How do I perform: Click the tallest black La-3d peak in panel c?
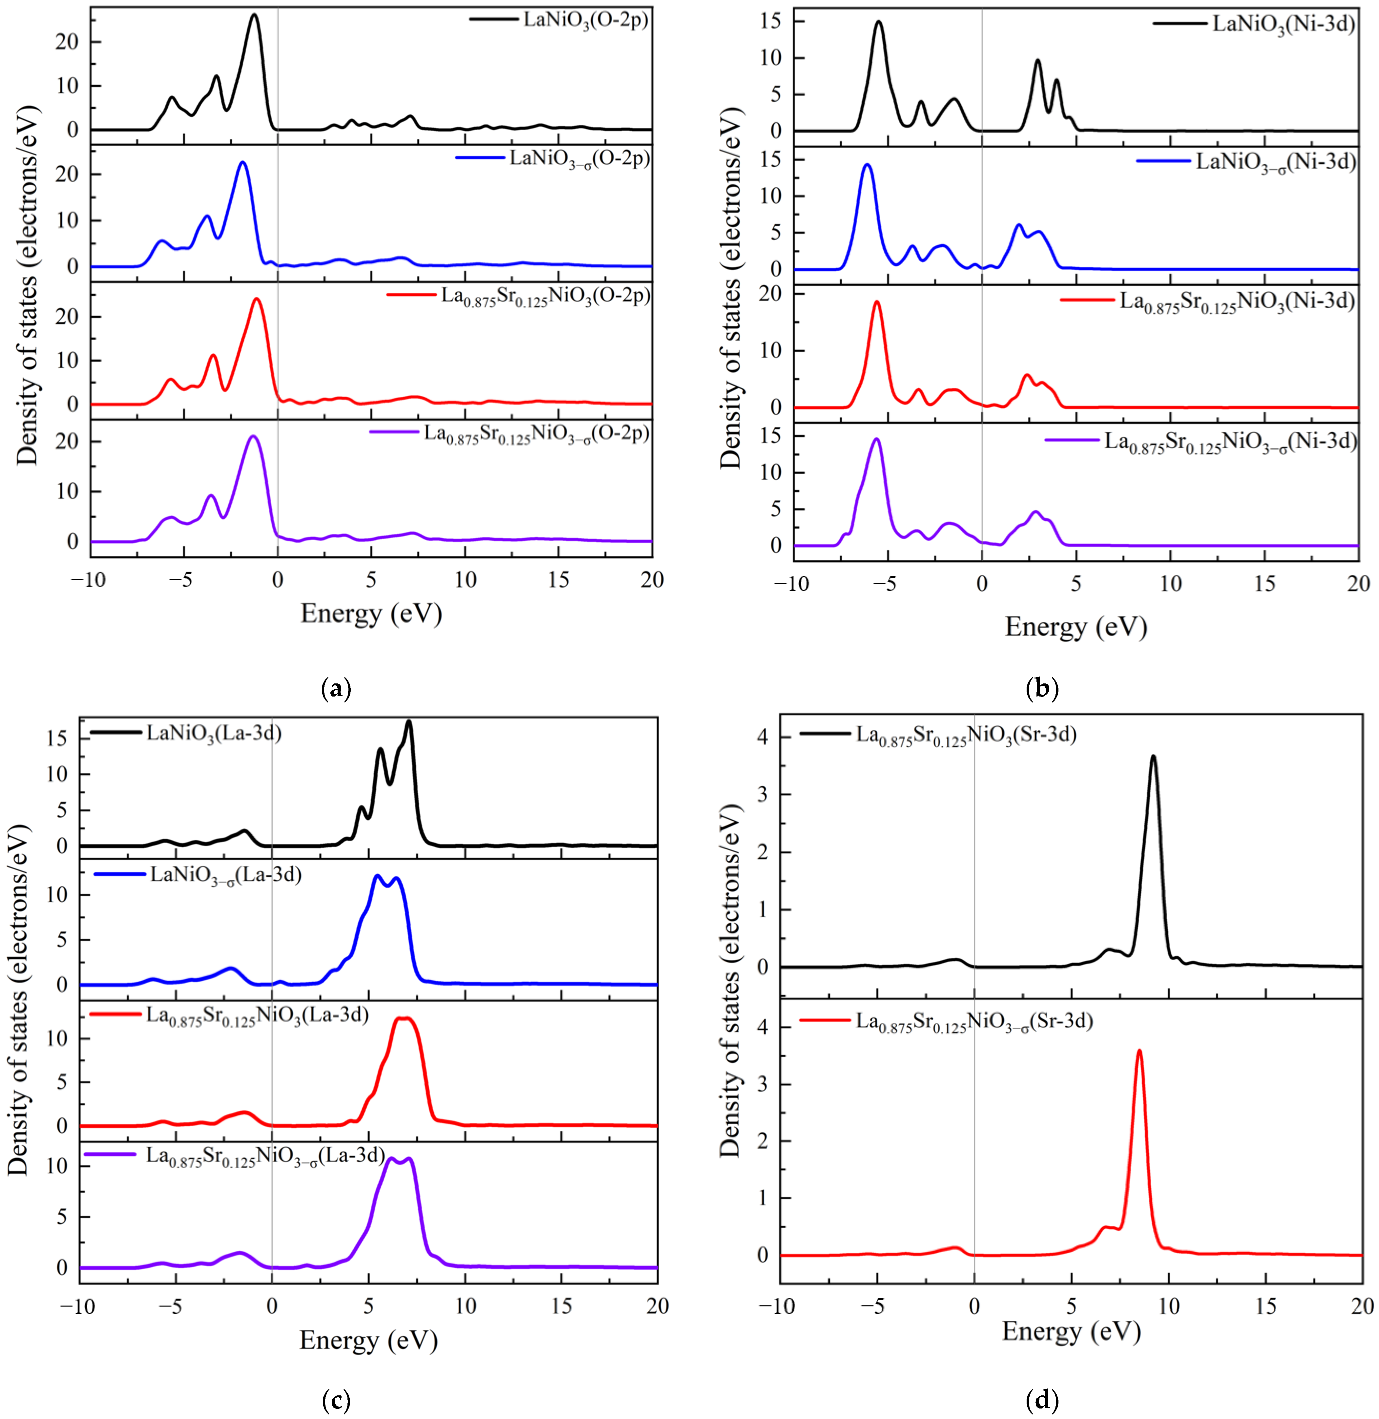408,721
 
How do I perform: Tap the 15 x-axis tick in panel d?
1265,1305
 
